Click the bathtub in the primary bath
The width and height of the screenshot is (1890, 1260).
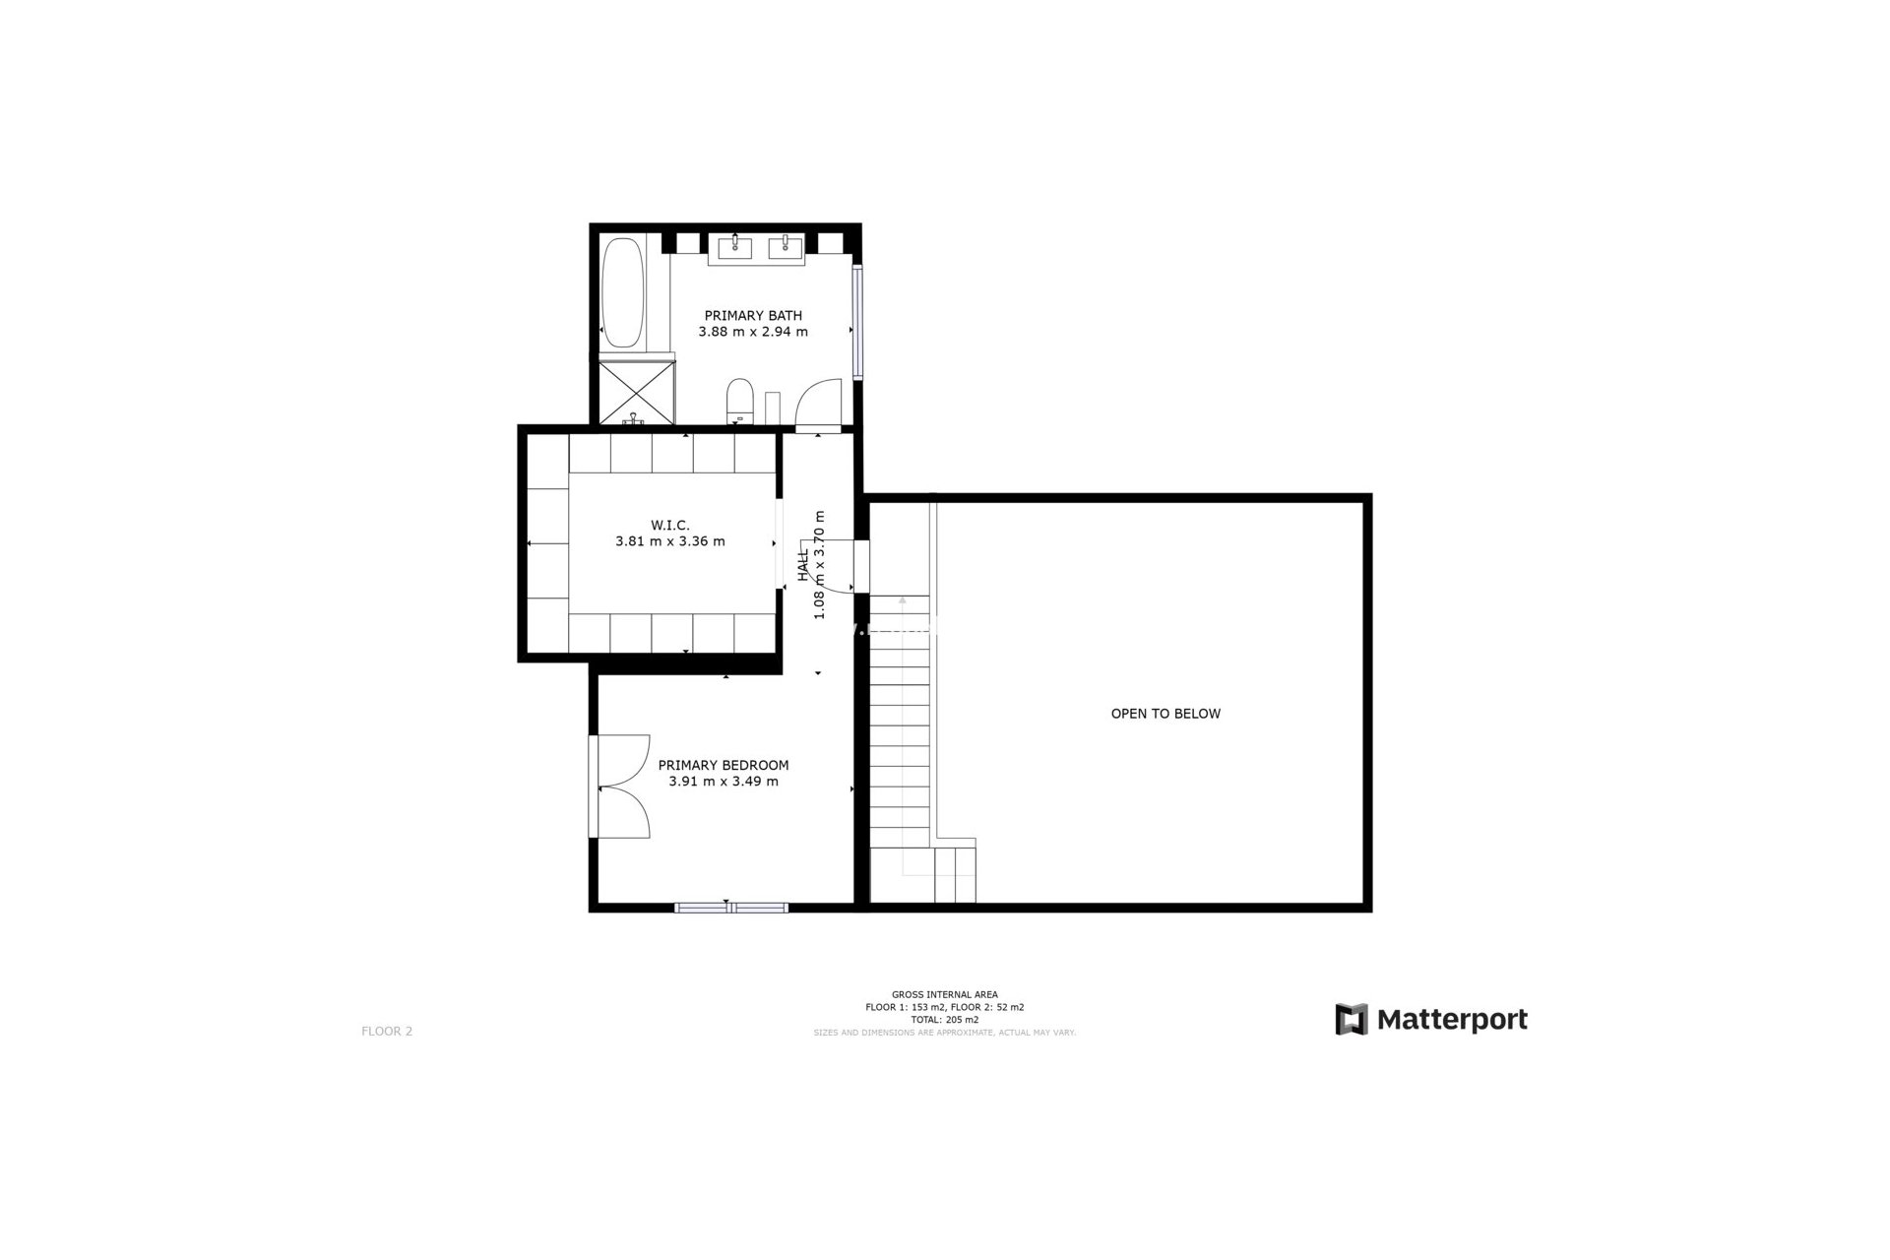[x=622, y=292]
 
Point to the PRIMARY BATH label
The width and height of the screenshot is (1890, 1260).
[x=753, y=316]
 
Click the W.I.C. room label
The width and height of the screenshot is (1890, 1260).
[x=670, y=526]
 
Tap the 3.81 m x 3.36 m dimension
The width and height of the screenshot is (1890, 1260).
[x=670, y=541]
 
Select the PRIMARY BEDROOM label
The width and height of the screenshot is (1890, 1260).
[x=724, y=766]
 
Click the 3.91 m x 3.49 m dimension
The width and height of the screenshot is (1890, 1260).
[x=724, y=782]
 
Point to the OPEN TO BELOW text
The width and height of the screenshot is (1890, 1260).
[x=1165, y=714]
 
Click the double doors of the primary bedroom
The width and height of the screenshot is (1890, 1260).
[x=622, y=787]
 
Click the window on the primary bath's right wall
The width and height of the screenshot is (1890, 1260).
[x=857, y=323]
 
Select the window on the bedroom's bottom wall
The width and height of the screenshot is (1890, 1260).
[x=731, y=907]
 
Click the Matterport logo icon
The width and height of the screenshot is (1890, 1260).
[x=1352, y=1020]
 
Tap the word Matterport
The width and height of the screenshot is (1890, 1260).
[x=1452, y=1020]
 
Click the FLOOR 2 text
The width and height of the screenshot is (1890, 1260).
[x=387, y=1032]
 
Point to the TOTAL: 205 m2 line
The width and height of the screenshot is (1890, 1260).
[x=945, y=1020]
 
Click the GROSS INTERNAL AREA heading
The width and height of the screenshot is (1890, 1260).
[x=945, y=994]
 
